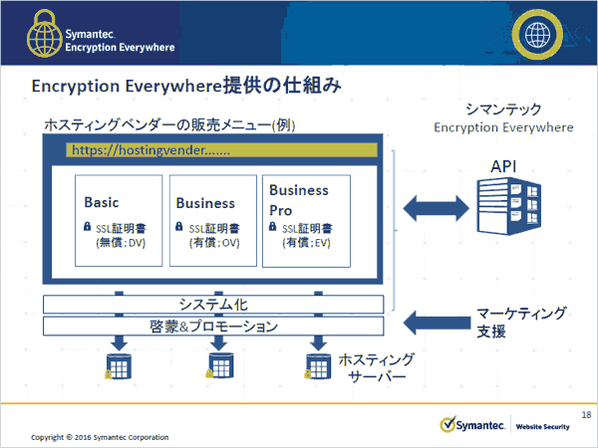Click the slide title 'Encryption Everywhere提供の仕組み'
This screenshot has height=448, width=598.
pos(187,87)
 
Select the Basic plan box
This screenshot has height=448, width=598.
pos(118,221)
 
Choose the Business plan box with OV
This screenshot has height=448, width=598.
pos(211,221)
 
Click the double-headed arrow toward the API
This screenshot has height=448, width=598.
pos(435,207)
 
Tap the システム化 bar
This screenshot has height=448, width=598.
pos(212,304)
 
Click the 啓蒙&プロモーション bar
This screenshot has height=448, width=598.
pos(212,326)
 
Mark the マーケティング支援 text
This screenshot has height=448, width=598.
pos(522,322)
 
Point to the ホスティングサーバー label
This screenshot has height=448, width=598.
pos(377,368)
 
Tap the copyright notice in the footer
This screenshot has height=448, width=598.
pos(100,437)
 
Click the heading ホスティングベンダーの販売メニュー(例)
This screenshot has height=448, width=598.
pos(169,125)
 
